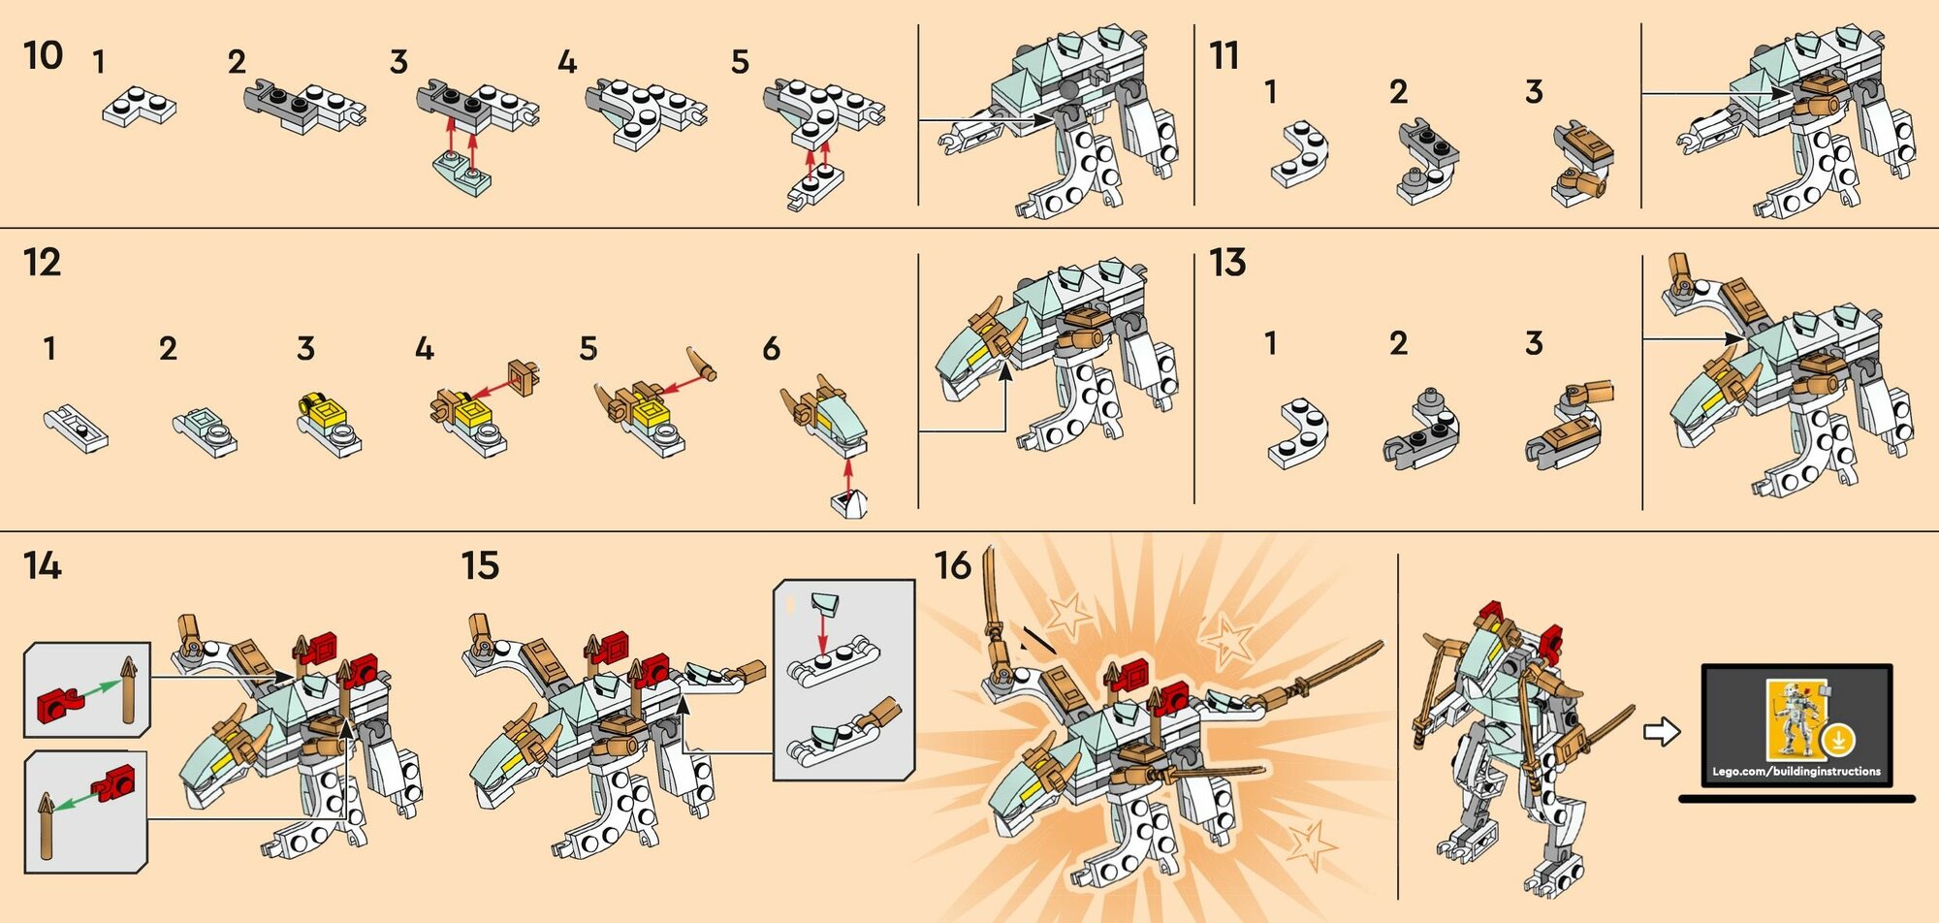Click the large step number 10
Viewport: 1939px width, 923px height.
[x=44, y=55]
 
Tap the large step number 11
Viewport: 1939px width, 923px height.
[x=1224, y=55]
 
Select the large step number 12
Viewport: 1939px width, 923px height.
[x=43, y=262]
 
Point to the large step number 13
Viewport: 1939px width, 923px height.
[x=1227, y=262]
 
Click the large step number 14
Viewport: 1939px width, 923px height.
[x=43, y=565]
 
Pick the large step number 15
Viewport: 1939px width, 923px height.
[x=480, y=565]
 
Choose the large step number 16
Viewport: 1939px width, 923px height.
[x=952, y=565]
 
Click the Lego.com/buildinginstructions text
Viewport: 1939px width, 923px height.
[x=1796, y=772]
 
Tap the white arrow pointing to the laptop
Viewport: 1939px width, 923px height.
[x=1662, y=731]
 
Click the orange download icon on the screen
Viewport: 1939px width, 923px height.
[x=1837, y=741]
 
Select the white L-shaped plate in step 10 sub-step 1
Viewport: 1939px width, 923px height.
[x=139, y=106]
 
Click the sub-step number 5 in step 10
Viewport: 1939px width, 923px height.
[x=740, y=62]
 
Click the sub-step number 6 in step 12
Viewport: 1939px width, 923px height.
[x=772, y=348]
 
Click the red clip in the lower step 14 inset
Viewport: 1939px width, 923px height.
[x=114, y=782]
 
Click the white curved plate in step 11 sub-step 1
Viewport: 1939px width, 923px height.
[x=1301, y=155]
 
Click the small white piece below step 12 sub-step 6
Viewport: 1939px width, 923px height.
[x=849, y=504]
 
